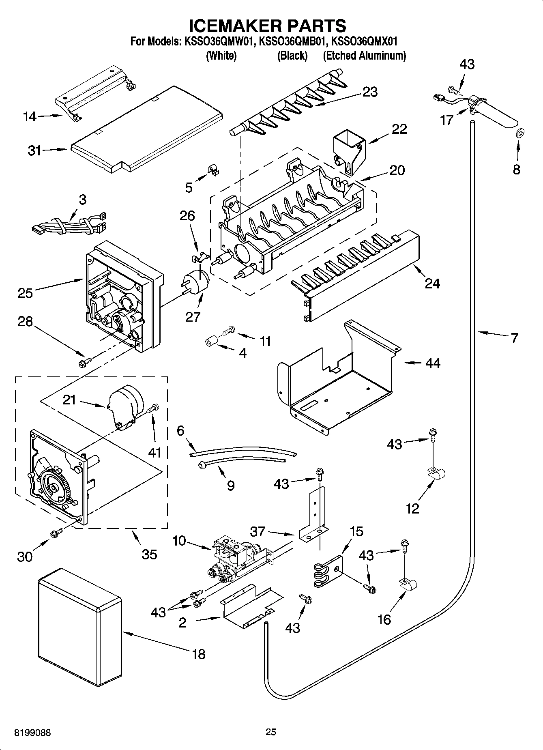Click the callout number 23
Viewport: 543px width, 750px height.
pos(370,92)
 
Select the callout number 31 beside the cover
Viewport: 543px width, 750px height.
pos(35,150)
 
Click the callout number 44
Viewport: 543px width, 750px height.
pos(433,363)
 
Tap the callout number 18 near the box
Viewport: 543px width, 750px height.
pos(199,654)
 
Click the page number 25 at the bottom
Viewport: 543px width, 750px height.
pos(271,732)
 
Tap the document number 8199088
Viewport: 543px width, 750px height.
pos(33,733)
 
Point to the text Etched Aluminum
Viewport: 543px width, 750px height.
pos(364,56)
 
